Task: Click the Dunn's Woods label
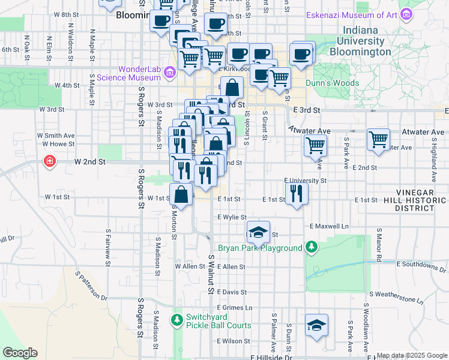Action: point(332,83)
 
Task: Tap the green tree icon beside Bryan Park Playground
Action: point(311,247)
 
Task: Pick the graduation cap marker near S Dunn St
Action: point(316,325)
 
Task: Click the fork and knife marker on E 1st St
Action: point(296,193)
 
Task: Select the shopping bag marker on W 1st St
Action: point(181,194)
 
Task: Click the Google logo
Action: point(20,353)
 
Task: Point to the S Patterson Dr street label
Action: point(91,285)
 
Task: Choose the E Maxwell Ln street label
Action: point(329,227)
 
